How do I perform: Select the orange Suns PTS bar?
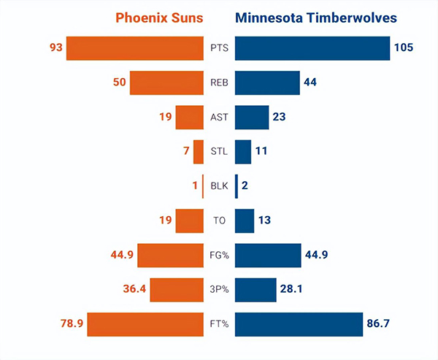(134, 48)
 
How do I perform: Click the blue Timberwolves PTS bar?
(312, 48)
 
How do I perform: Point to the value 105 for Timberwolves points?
(404, 48)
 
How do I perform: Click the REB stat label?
(219, 83)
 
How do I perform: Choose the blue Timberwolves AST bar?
(252, 117)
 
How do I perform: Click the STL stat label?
(219, 151)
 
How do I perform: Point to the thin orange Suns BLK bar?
(202, 185)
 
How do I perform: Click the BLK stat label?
(219, 185)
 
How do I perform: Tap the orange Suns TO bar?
(189, 220)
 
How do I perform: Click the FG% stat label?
(219, 255)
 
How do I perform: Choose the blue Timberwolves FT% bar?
(299, 323)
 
